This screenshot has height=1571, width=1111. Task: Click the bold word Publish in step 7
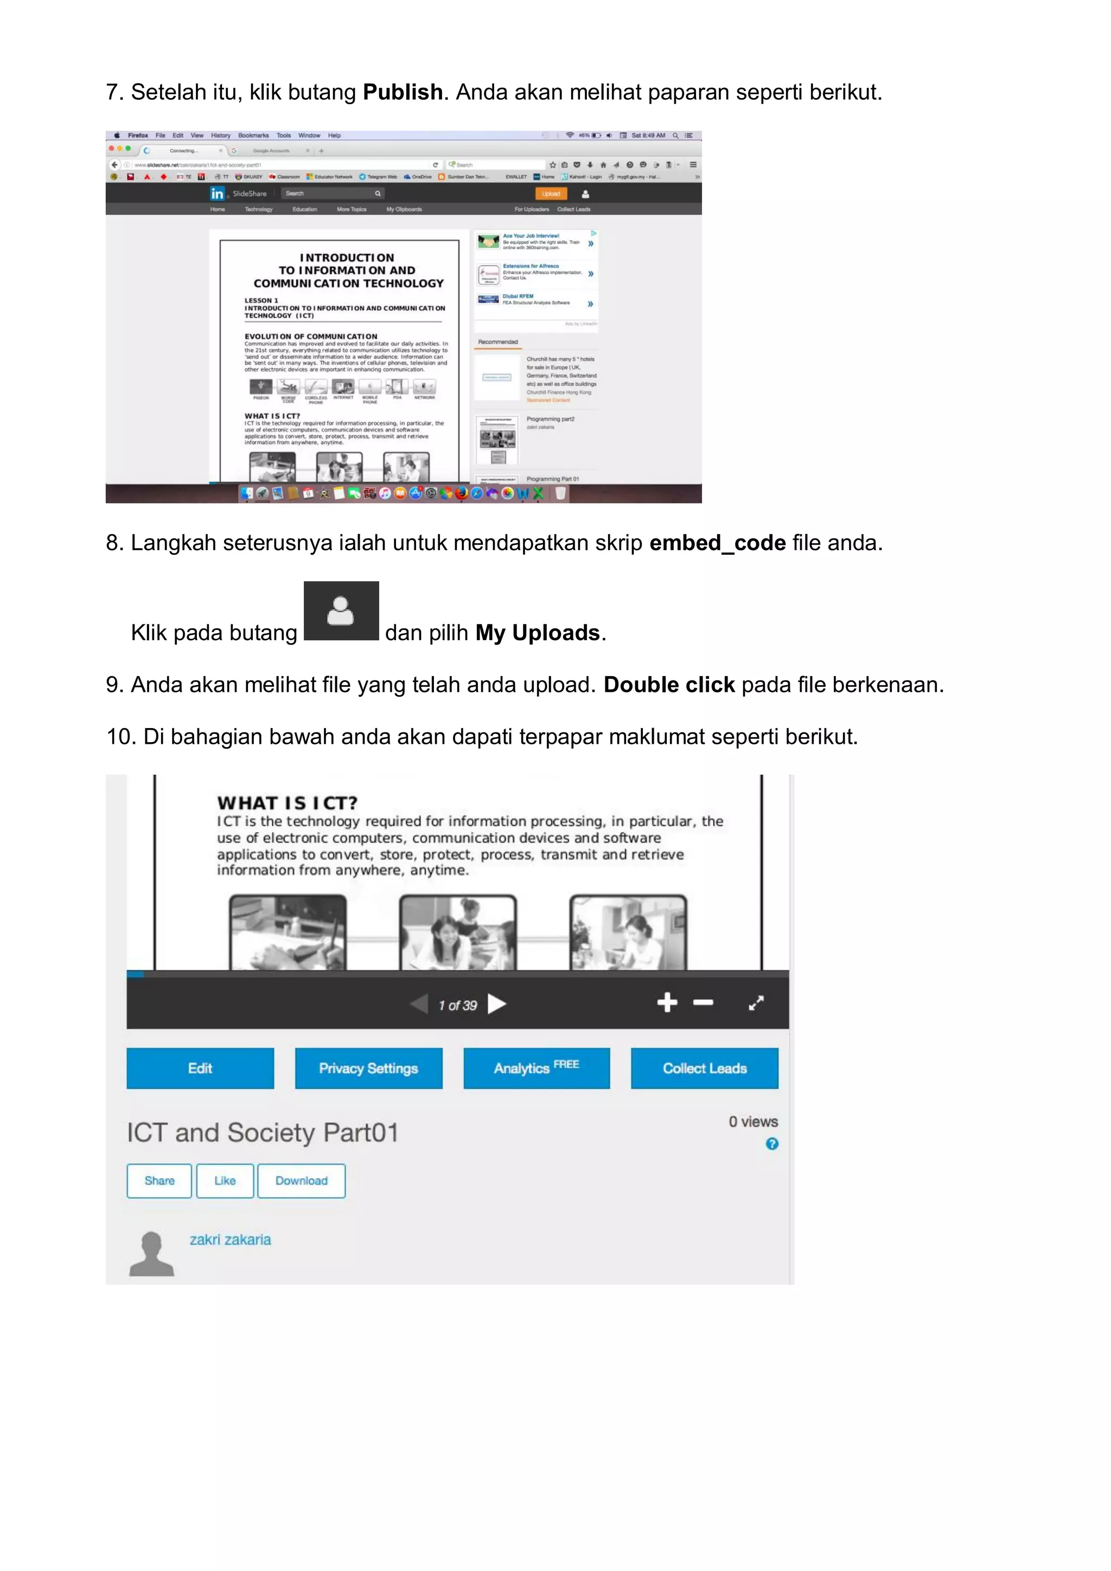pyautogui.click(x=403, y=92)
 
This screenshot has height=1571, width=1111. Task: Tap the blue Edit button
pyautogui.click(x=200, y=1068)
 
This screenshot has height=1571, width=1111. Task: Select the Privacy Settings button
pyautogui.click(x=368, y=1068)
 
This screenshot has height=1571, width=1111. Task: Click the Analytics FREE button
pyautogui.click(x=536, y=1068)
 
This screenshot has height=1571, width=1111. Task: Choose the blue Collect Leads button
pyautogui.click(x=704, y=1068)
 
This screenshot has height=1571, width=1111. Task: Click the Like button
pyautogui.click(x=225, y=1180)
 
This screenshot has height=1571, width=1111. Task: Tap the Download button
pyautogui.click(x=301, y=1180)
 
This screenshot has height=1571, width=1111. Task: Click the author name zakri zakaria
pyautogui.click(x=230, y=1239)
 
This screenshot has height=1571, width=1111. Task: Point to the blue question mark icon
pyautogui.click(x=771, y=1143)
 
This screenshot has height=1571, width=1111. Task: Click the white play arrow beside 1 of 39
pyautogui.click(x=496, y=1004)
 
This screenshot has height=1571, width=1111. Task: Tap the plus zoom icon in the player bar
pyautogui.click(x=667, y=1002)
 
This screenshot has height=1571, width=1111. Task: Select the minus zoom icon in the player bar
pyautogui.click(x=703, y=1002)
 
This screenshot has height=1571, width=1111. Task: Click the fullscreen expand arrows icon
pyautogui.click(x=756, y=1003)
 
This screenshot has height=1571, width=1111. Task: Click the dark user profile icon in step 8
pyautogui.click(x=341, y=610)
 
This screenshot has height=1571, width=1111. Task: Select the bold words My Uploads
pyautogui.click(x=538, y=632)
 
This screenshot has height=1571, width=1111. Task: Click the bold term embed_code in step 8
pyautogui.click(x=717, y=543)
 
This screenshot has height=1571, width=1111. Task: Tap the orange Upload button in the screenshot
pyautogui.click(x=551, y=194)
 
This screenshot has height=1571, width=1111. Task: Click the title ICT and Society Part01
pyautogui.click(x=262, y=1132)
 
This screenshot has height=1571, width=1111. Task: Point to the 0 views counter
pyautogui.click(x=753, y=1122)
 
